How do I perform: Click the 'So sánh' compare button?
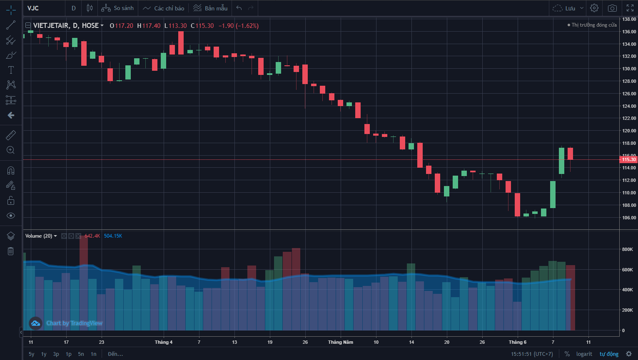pyautogui.click(x=118, y=8)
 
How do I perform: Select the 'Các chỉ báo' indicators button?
pyautogui.click(x=164, y=8)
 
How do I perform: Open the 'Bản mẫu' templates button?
pyautogui.click(x=211, y=8)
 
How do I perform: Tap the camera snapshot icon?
pyautogui.click(x=612, y=8)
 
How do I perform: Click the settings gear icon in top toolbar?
pyautogui.click(x=594, y=8)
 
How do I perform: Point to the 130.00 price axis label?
pyautogui.click(x=629, y=69)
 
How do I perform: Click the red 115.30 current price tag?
pyautogui.click(x=628, y=159)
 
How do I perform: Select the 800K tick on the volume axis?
pyautogui.click(x=627, y=250)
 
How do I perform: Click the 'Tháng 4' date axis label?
pyautogui.click(x=164, y=342)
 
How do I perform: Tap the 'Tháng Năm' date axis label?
pyautogui.click(x=340, y=342)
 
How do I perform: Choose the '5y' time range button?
pyautogui.click(x=32, y=354)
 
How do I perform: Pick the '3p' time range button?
pyautogui.click(x=56, y=354)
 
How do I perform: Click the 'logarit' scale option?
pyautogui.click(x=584, y=354)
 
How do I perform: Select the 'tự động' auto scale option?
pyautogui.click(x=609, y=354)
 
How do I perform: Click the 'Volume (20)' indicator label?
pyautogui.click(x=39, y=236)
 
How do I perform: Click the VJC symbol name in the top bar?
pyautogui.click(x=33, y=8)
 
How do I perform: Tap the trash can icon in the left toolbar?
pyautogui.click(x=11, y=251)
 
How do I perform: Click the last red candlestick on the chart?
pyautogui.click(x=570, y=154)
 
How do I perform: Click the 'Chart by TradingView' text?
pyautogui.click(x=74, y=323)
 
